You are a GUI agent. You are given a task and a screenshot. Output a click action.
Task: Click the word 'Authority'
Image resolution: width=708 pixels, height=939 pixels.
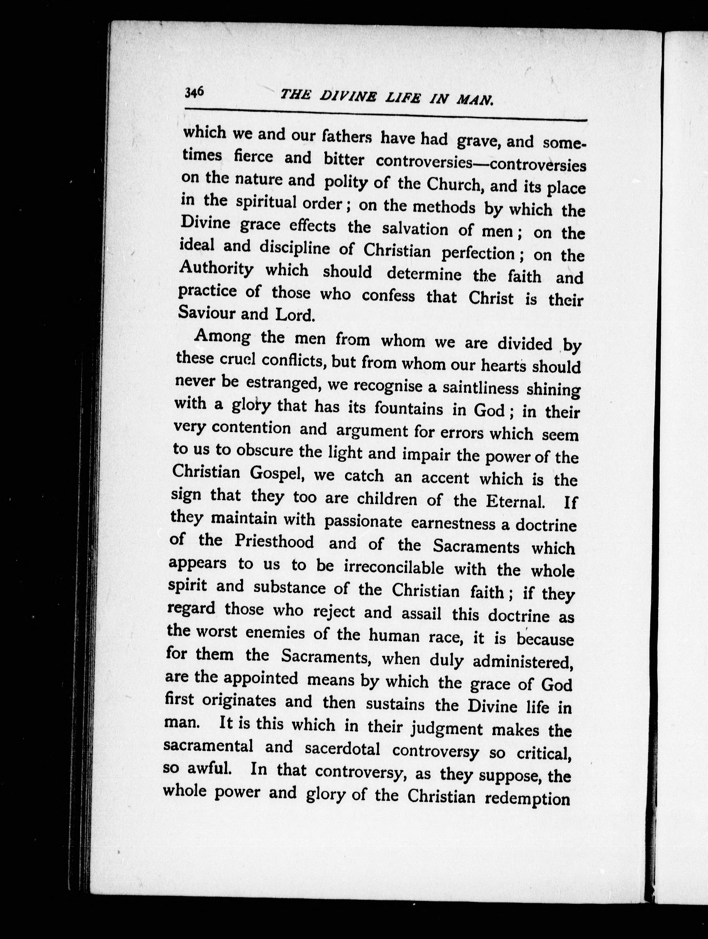(216, 269)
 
